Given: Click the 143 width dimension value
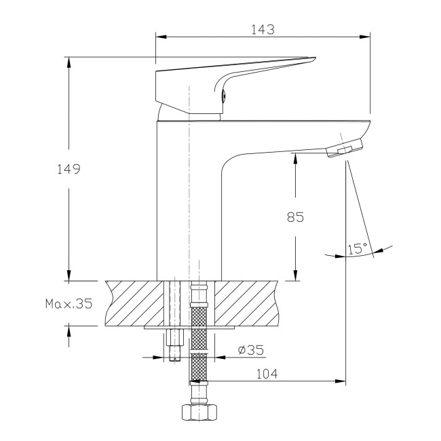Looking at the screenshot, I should point(263,29).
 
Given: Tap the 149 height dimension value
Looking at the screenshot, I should point(69,169).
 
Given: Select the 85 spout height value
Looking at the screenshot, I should point(295,217).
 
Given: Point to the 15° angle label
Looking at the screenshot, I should point(357,248).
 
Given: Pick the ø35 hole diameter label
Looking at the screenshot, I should point(251,350).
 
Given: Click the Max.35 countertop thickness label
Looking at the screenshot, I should point(69,303).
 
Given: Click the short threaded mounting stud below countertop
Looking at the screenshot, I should point(174,343).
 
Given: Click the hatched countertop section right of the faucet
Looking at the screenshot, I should point(248,303).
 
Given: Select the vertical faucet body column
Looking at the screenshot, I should point(190,204).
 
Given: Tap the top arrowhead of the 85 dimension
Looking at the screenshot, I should point(296,157).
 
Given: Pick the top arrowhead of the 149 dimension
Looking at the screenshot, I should point(69,62).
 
